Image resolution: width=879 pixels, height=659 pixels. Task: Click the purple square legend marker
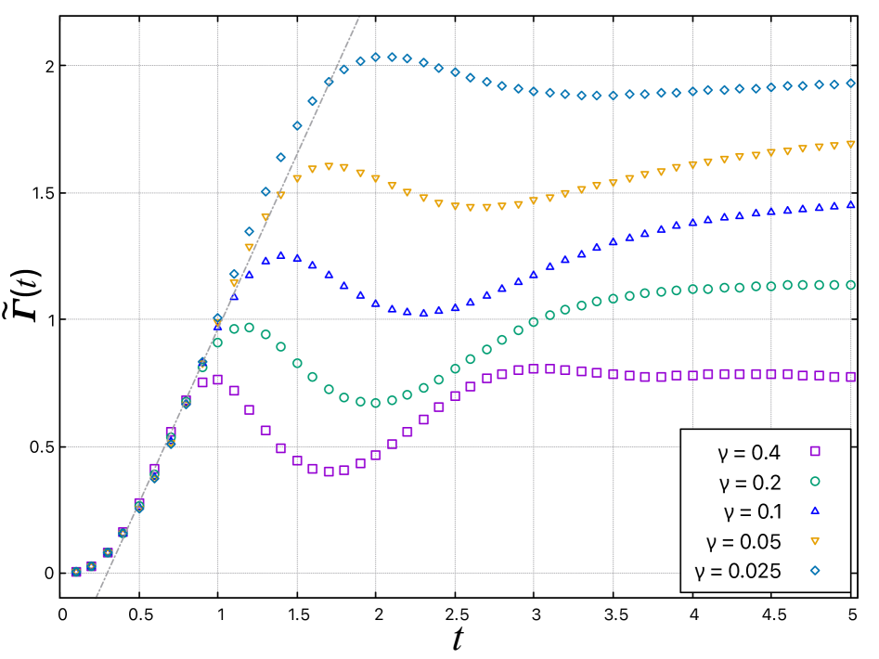point(815,451)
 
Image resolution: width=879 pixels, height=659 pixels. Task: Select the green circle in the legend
point(815,481)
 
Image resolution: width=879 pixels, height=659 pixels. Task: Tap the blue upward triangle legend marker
point(815,510)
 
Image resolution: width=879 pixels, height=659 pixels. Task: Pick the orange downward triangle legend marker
point(815,541)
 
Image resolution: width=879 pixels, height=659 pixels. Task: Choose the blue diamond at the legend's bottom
point(815,570)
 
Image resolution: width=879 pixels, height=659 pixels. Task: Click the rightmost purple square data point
point(850,377)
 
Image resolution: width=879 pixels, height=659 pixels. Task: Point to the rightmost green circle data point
point(850,285)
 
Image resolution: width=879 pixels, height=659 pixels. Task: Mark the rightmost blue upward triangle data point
point(850,205)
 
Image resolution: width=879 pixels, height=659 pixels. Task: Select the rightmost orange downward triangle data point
point(850,145)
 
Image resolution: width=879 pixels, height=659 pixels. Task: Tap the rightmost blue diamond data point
point(850,83)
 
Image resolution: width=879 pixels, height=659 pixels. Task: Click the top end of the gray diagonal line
point(359,17)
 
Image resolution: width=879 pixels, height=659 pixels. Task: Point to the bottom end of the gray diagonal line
point(96,599)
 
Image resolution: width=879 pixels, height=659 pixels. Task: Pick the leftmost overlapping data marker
point(76,572)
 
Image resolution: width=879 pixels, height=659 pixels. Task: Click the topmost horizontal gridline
point(464,66)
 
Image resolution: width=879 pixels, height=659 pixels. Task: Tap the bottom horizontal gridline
point(371,573)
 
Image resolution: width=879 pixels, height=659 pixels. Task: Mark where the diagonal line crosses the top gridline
point(337,66)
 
